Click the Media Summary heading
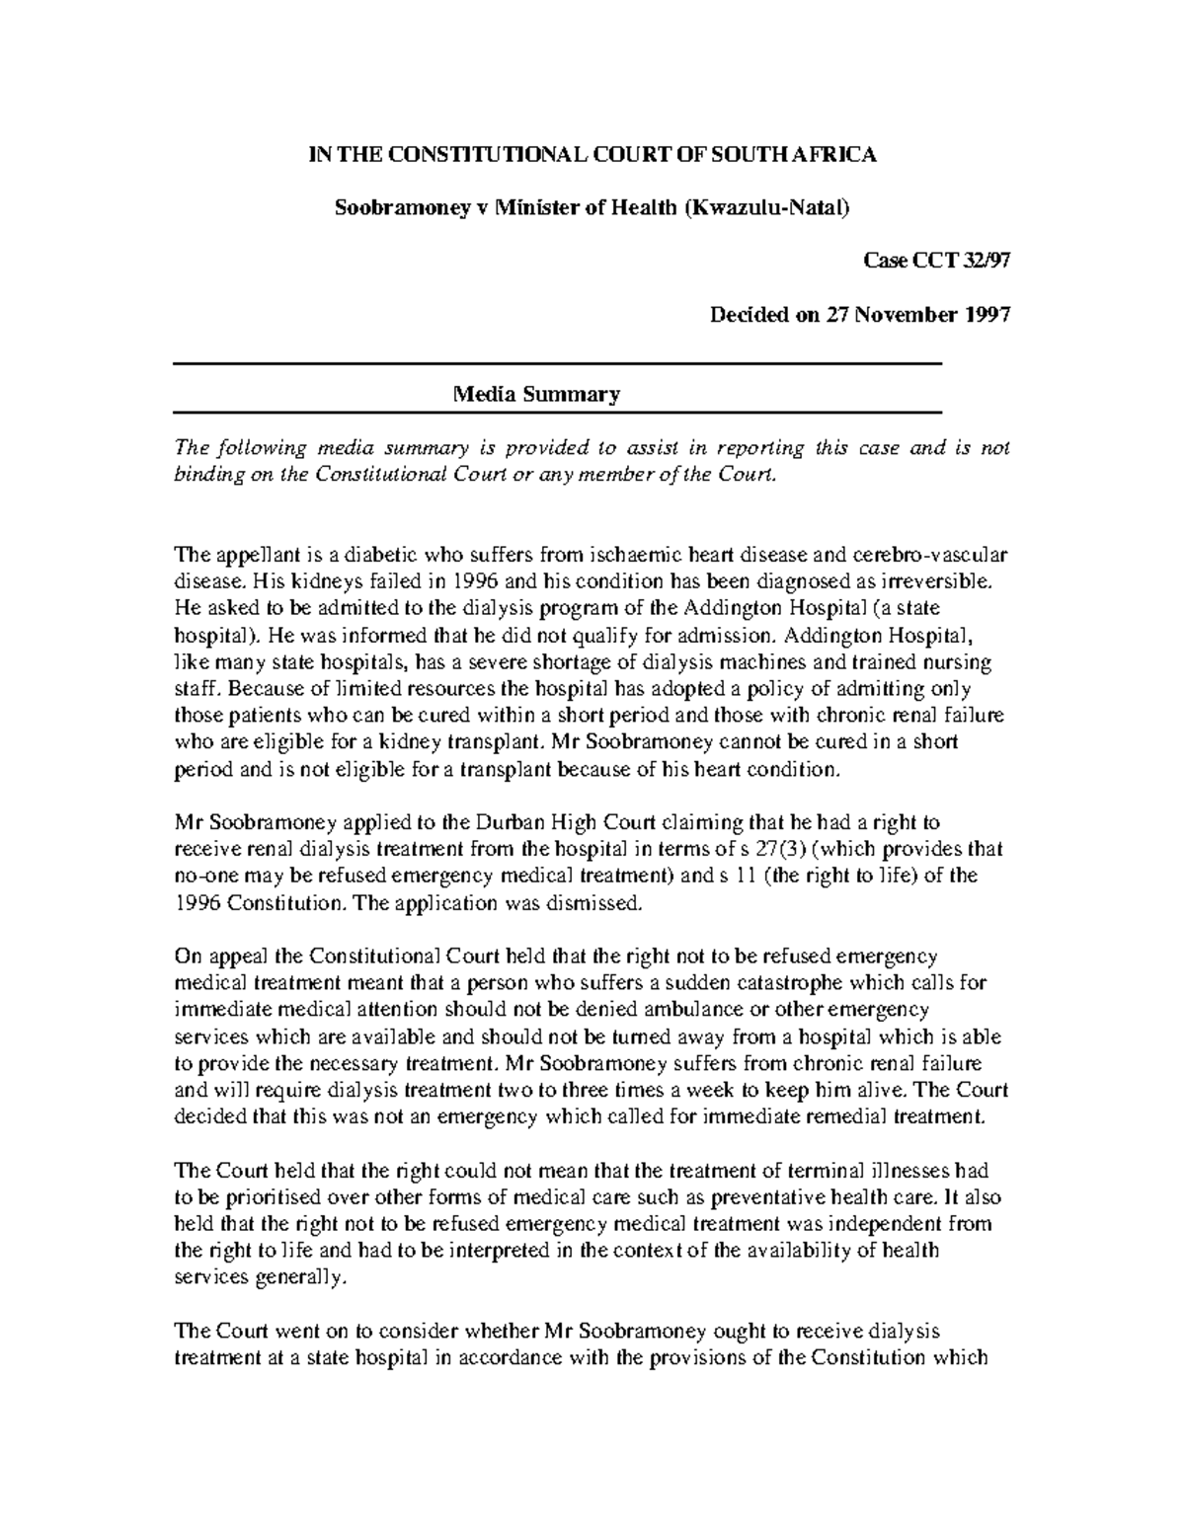[536, 395]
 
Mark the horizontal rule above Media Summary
[558, 365]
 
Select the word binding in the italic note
[207, 475]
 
